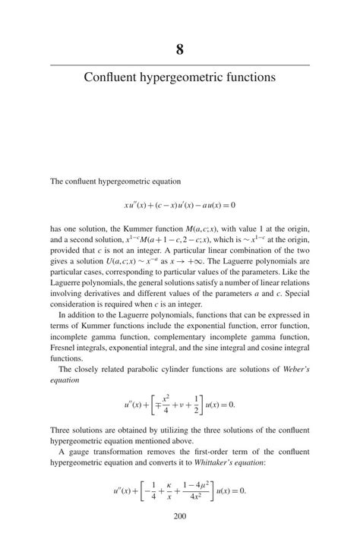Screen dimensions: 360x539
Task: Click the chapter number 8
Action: (x=180, y=51)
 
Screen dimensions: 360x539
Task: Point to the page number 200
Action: (x=180, y=517)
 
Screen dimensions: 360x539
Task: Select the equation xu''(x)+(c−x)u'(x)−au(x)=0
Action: (x=180, y=205)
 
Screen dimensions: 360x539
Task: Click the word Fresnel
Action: (x=66, y=347)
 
